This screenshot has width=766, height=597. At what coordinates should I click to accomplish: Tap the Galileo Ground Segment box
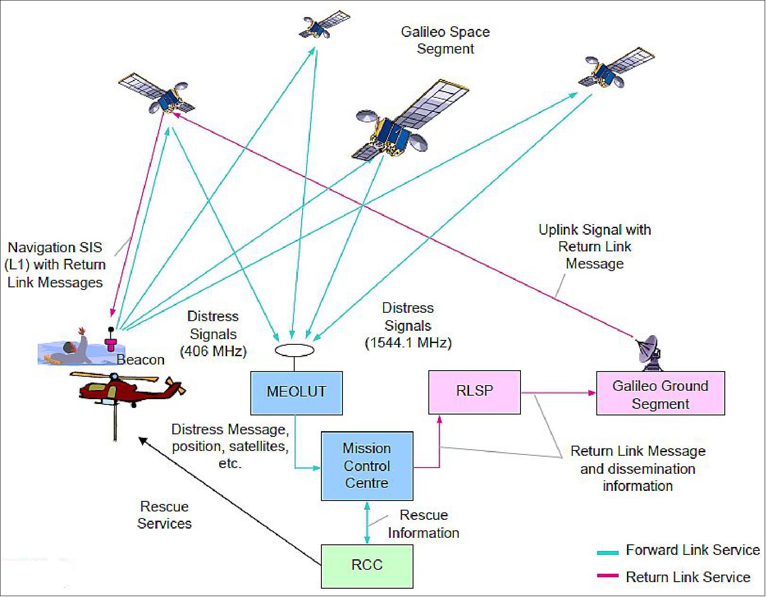tap(660, 393)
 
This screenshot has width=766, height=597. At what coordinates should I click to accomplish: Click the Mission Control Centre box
tap(367, 466)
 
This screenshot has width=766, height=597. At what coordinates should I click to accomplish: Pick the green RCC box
tap(367, 566)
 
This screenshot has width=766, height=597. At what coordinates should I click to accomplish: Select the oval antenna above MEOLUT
tap(294, 350)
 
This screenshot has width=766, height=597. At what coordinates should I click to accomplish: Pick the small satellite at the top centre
tap(323, 24)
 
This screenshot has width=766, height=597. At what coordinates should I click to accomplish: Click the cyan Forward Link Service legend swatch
tap(607, 553)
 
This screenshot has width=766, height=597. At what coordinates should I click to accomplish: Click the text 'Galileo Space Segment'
tap(445, 40)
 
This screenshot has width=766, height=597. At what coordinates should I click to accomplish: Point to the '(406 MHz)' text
tap(214, 351)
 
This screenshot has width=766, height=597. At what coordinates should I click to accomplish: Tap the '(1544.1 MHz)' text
tap(408, 343)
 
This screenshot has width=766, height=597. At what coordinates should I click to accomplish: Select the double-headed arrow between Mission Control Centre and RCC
tap(367, 523)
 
